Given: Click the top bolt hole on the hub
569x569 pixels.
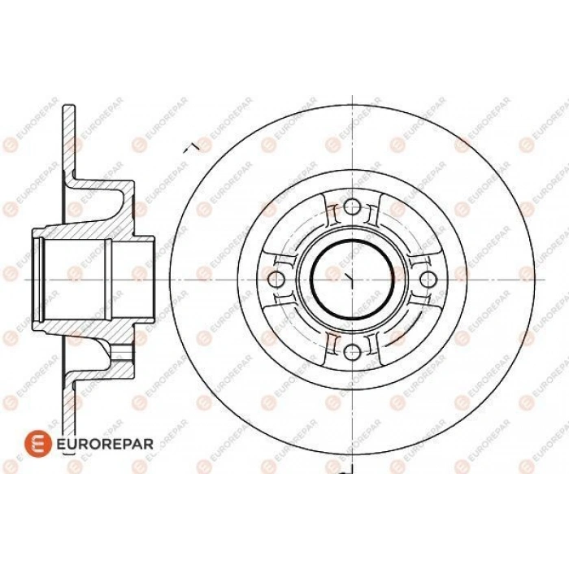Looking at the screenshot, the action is point(352,207).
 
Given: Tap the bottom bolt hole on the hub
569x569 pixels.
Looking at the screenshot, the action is point(352,352).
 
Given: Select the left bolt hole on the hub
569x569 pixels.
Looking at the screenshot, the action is point(276,279).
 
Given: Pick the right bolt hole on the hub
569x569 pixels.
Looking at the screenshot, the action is point(428,279).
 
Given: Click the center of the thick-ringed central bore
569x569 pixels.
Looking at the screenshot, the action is point(352,279).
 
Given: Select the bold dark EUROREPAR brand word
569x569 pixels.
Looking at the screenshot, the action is point(105,444).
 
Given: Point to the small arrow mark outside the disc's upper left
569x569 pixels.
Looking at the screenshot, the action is point(191,146).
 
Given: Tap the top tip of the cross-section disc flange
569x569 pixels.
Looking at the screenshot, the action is point(69,106).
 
